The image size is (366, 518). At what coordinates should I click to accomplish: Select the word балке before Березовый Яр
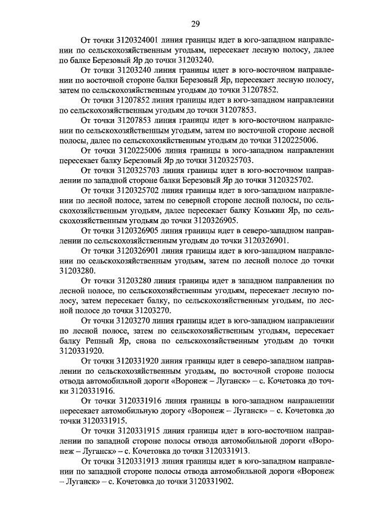tap(80, 60)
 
